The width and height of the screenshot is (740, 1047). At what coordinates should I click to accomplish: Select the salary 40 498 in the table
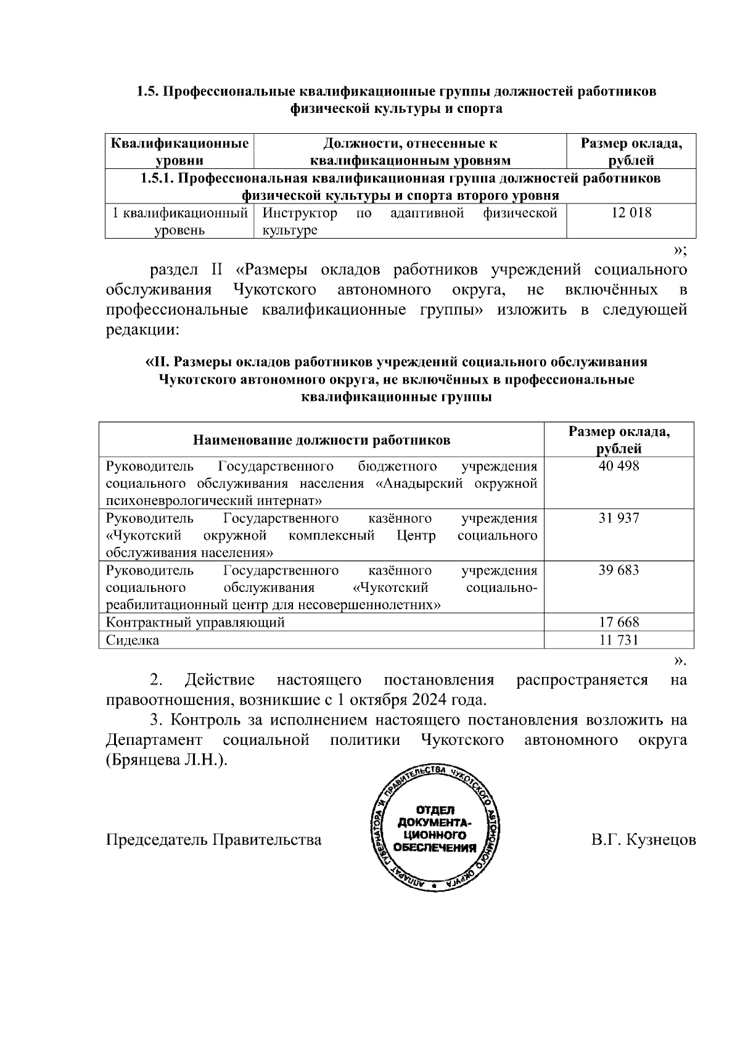pyautogui.click(x=619, y=466)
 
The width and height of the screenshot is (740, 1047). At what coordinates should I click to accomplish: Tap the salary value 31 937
pyautogui.click(x=619, y=518)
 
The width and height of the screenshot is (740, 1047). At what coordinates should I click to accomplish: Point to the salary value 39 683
pyautogui.click(x=619, y=570)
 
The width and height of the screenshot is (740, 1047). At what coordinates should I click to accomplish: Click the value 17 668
pyautogui.click(x=619, y=622)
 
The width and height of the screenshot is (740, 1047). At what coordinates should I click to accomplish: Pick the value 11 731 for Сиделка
pyautogui.click(x=619, y=640)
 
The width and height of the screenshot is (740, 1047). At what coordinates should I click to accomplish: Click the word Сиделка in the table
pyautogui.click(x=133, y=640)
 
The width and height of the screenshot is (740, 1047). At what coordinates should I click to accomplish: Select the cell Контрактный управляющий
pyautogui.click(x=195, y=622)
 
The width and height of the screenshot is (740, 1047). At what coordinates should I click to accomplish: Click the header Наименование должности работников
pyautogui.click(x=321, y=440)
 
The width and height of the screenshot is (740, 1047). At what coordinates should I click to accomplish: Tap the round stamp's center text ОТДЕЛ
pyautogui.click(x=435, y=810)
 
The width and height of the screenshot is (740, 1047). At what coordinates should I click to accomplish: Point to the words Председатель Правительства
pyautogui.click(x=214, y=840)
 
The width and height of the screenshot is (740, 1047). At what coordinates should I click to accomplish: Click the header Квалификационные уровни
pyautogui.click(x=179, y=152)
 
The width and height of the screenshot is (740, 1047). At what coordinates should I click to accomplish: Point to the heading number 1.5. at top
pyautogui.click(x=147, y=92)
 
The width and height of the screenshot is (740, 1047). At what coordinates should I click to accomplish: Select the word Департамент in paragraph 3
pyautogui.click(x=154, y=740)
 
